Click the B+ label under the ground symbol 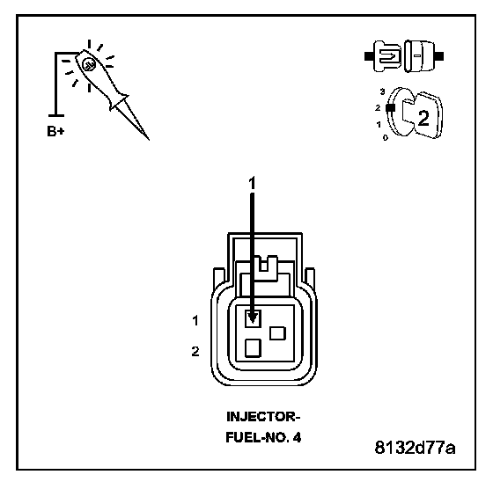click(x=55, y=131)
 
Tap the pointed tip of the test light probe click(x=149, y=140)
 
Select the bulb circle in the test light click(x=89, y=65)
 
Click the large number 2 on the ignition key click(x=423, y=119)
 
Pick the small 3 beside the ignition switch click(x=382, y=91)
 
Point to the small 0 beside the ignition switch click(x=386, y=137)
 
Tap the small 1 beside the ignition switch click(x=379, y=124)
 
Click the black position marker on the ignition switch click(x=391, y=107)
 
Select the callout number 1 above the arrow click(x=252, y=183)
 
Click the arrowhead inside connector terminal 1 click(x=252, y=318)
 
